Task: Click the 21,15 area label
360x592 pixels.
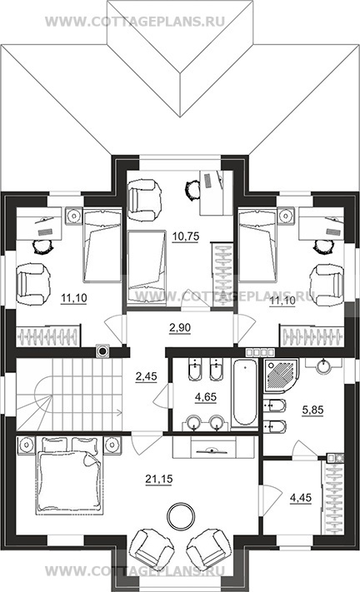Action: (158, 479)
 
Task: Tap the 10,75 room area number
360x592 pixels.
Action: (185, 236)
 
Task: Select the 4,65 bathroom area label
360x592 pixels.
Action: (206, 397)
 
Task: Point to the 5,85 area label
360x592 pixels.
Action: (312, 410)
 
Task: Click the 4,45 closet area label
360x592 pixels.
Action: (301, 498)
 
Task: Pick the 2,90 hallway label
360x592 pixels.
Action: (180, 328)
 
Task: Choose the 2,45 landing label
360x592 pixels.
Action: (146, 376)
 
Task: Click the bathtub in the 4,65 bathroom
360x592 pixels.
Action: (245, 393)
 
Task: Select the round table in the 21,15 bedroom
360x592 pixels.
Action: (182, 514)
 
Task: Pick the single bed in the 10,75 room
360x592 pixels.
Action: (147, 267)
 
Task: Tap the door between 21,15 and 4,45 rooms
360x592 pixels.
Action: (270, 500)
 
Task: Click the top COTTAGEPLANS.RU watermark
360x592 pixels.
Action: (135, 22)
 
